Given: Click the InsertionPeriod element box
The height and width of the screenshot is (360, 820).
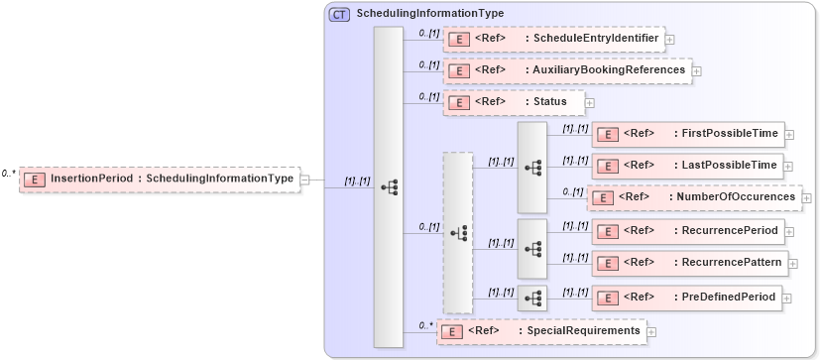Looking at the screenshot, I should (x=159, y=179).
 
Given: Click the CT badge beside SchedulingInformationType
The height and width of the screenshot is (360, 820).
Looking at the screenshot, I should (x=339, y=14).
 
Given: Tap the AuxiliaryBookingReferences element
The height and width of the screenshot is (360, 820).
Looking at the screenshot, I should (x=567, y=70).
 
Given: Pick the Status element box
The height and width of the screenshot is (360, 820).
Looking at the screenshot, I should (x=513, y=101).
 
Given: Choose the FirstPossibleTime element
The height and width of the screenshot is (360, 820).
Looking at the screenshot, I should (x=686, y=133).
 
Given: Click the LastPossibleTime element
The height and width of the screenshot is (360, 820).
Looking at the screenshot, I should (x=686, y=165).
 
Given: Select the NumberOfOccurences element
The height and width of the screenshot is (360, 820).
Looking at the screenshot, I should (x=694, y=197).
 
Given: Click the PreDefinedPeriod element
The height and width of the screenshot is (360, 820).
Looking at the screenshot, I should (x=686, y=297).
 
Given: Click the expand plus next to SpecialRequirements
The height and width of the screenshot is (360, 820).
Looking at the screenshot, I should (x=651, y=331).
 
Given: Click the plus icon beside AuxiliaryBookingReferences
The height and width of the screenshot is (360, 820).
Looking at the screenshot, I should (x=696, y=71).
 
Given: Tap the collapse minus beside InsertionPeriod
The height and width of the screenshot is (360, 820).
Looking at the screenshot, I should (x=305, y=180).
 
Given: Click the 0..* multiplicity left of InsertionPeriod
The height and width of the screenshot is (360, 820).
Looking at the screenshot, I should (x=8, y=173).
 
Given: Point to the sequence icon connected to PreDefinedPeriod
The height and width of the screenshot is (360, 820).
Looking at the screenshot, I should (x=532, y=297).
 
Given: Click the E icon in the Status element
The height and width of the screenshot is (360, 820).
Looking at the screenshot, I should (x=458, y=102).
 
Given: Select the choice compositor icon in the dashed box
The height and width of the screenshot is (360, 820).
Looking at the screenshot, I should (x=458, y=232).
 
